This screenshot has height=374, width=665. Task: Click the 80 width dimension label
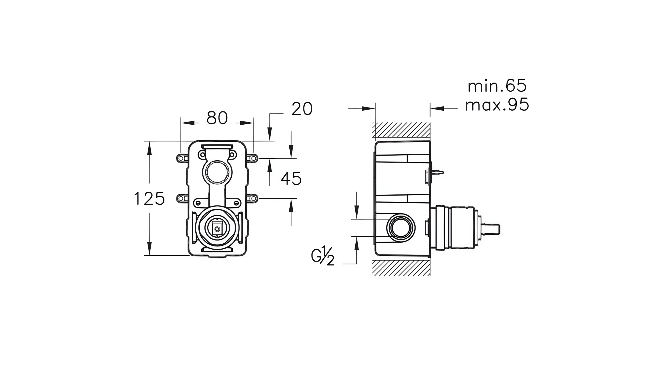tap(217, 118)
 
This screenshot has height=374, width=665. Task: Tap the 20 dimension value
tap(302, 109)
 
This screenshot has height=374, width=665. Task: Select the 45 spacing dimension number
tap(291, 179)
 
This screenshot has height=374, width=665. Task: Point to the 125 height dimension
tap(149, 198)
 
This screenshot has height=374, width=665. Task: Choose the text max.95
tap(497, 105)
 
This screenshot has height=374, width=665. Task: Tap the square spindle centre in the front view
tap(217, 229)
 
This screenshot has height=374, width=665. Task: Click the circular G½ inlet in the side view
tap(401, 228)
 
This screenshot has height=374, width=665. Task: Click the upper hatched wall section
tap(401, 130)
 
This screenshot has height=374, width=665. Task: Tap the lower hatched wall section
tap(401, 268)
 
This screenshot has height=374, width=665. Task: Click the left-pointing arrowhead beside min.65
tap(437, 108)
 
